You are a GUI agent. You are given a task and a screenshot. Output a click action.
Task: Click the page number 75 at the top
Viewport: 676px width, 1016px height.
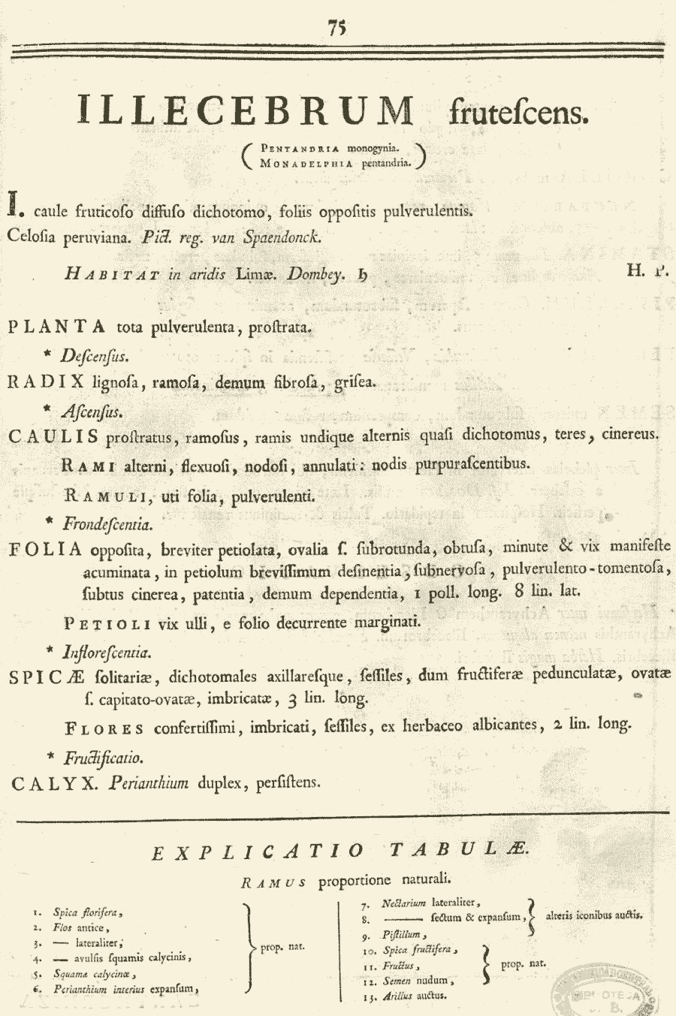tap(336, 27)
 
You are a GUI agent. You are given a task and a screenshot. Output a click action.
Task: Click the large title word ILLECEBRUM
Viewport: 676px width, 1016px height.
tap(246, 110)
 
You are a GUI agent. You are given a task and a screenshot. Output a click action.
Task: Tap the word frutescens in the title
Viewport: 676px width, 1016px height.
tap(519, 113)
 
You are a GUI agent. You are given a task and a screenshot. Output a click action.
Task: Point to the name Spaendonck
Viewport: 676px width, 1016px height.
tap(282, 237)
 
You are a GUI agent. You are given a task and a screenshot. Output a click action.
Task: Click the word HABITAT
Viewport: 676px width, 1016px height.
tap(113, 274)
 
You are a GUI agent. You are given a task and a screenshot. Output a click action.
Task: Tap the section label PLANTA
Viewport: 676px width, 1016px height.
tap(57, 327)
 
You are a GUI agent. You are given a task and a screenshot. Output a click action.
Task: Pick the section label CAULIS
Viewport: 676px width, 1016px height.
tap(53, 436)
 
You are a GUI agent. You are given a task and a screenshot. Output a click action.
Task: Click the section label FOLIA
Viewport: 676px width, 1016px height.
tap(46, 549)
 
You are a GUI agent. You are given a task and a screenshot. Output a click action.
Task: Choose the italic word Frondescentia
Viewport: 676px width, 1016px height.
tap(107, 523)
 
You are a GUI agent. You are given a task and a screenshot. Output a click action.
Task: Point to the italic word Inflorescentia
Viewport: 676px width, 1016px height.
tap(107, 652)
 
